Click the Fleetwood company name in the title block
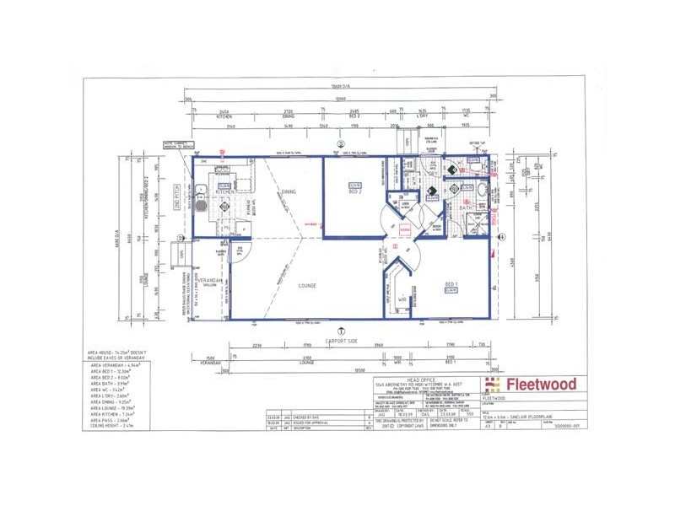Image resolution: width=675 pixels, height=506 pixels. coord(541,385)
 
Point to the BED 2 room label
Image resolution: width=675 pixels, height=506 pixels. coord(355,191)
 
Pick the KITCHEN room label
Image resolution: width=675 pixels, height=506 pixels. coord(225,192)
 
